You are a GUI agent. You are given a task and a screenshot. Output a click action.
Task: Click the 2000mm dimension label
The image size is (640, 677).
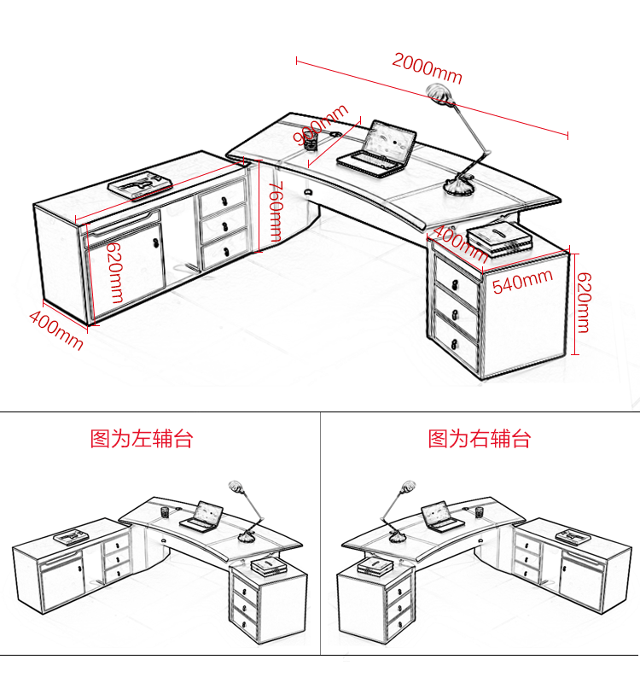click(427, 68)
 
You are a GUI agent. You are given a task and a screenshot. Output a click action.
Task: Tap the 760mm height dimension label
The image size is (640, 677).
click(275, 212)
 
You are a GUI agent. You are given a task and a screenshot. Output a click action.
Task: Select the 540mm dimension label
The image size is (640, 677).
click(522, 281)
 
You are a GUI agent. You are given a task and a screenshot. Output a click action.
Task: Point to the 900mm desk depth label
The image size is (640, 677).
click(321, 125)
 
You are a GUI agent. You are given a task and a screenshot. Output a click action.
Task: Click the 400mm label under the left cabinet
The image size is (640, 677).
click(56, 329)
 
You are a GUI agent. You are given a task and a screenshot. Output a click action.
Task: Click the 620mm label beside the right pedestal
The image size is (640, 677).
click(583, 302)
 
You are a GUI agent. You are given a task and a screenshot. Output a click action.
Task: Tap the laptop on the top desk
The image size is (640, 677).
click(378, 149)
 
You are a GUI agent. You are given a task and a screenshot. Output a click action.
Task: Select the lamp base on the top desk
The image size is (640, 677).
click(461, 185)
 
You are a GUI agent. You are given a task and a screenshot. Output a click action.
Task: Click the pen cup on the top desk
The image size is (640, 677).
click(311, 139)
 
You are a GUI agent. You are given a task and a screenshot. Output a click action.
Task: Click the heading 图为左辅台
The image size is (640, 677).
click(142, 439)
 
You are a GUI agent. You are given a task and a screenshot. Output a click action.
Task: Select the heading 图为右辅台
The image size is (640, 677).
click(480, 439)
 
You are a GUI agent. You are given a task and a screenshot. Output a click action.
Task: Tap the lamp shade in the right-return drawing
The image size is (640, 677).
click(407, 488)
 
